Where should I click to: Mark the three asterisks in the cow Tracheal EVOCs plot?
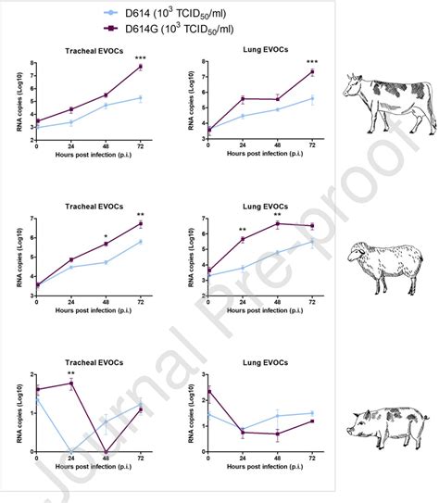click(142, 57)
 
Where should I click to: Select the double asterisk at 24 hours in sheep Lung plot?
click(243, 231)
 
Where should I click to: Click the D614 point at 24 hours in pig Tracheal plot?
click(71, 452)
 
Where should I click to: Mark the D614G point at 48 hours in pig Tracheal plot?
click(107, 452)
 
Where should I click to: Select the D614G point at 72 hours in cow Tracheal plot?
click(141, 67)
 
